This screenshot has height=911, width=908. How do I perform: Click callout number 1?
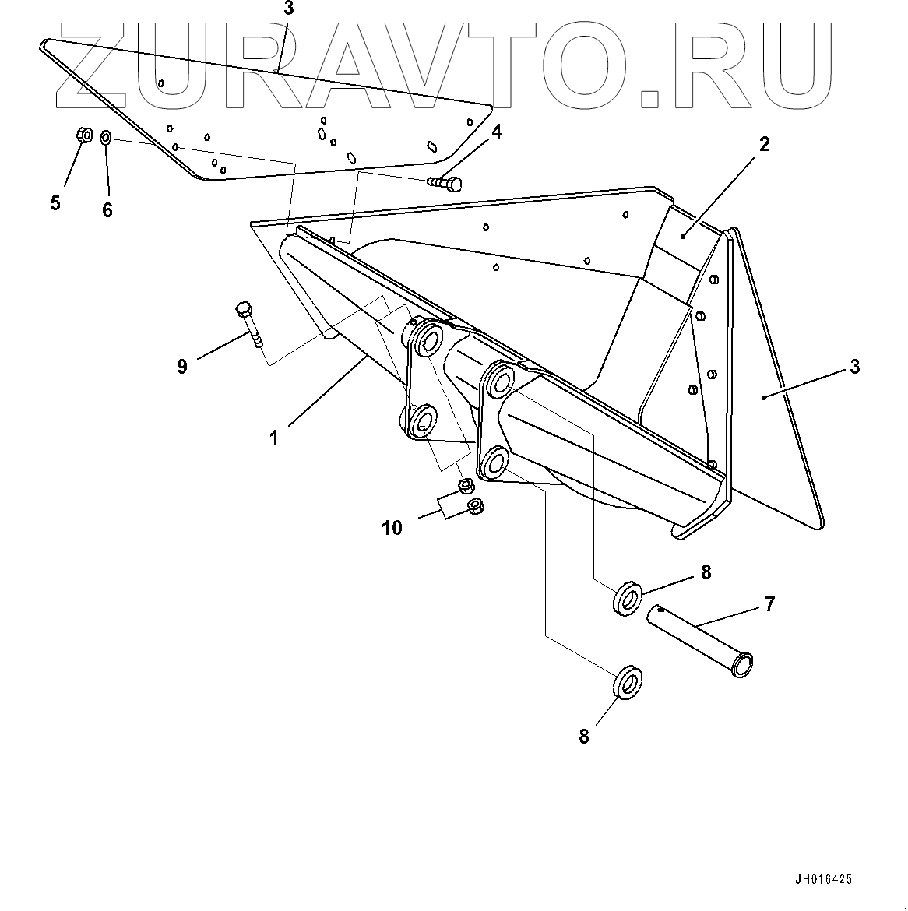point(273,438)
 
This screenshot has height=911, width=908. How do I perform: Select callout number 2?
point(764,144)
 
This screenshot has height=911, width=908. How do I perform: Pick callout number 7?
point(769,603)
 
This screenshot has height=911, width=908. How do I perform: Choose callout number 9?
point(182,366)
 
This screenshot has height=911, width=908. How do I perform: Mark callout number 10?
point(392,528)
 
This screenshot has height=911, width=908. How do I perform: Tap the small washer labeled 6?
point(106,137)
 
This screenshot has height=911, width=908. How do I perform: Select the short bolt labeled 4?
point(445,183)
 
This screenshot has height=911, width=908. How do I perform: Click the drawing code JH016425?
point(823,880)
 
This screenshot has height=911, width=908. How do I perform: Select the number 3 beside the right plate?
point(854,367)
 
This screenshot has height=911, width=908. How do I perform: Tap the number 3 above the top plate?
point(289,9)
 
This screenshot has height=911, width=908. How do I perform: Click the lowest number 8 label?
point(584,736)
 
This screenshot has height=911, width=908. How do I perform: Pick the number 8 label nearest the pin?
point(706,572)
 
